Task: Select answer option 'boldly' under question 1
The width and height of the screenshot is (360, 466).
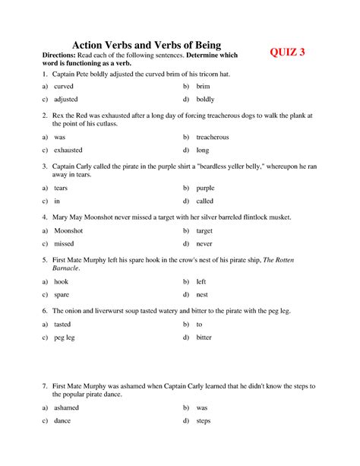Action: [204, 99]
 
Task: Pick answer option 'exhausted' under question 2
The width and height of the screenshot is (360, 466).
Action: [68, 150]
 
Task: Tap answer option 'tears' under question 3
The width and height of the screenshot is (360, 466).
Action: [61, 188]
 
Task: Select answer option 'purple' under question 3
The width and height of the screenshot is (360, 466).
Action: [205, 188]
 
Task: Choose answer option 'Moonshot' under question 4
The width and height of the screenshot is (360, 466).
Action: [69, 230]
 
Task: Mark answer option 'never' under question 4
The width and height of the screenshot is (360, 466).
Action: [204, 243]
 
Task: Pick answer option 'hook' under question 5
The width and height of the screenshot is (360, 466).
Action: [61, 281]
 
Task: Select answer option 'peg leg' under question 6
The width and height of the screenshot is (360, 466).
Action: [64, 337]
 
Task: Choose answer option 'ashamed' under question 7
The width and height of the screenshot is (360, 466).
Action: [66, 407]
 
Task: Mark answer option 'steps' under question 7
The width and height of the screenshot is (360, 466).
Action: [204, 420]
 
